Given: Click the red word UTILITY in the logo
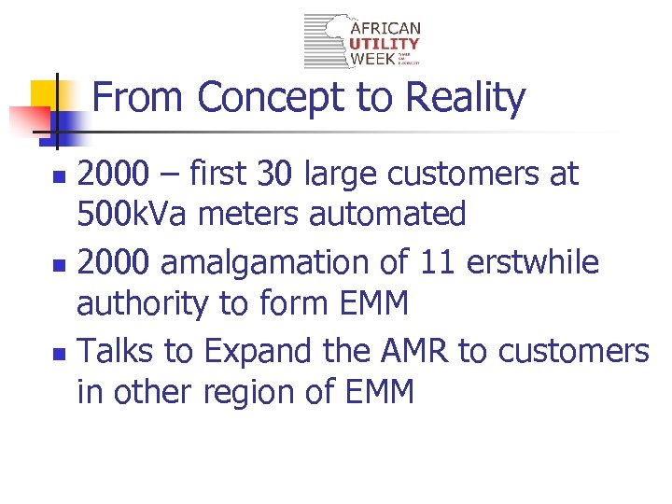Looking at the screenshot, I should point(385,44).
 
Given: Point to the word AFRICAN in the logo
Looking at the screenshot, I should point(385,29).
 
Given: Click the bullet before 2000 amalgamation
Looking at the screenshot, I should point(58,266).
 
